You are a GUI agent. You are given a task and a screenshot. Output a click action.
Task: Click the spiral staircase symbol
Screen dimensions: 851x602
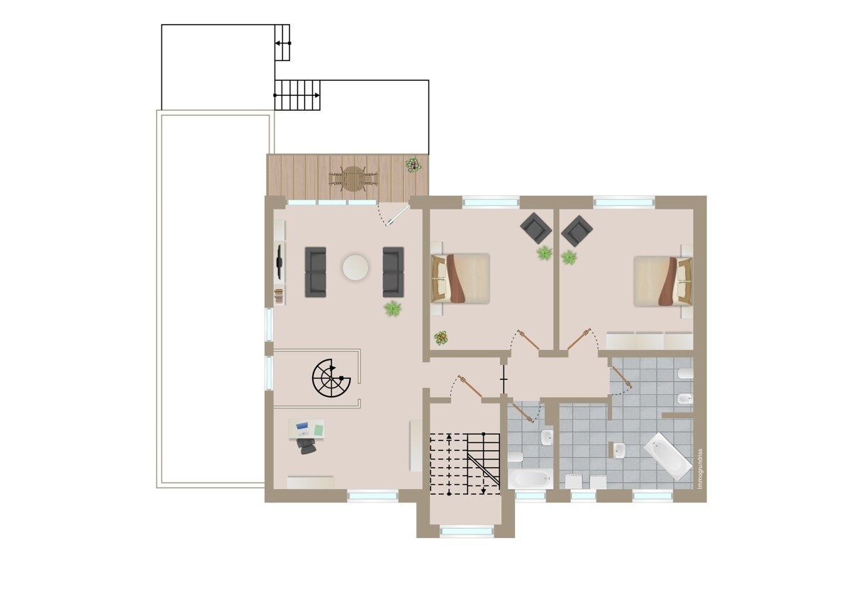coord(331,378)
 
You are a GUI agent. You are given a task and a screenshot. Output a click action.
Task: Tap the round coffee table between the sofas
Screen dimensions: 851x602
coord(355,268)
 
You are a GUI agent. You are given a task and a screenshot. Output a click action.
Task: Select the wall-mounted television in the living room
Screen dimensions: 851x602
coord(279,262)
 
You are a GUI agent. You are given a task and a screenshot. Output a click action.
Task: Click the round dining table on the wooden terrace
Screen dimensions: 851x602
coord(353,179)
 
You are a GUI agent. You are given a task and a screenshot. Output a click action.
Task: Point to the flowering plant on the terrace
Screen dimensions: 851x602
coord(413,165)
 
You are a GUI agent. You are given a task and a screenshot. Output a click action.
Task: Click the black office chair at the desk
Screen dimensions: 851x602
coord(306,446)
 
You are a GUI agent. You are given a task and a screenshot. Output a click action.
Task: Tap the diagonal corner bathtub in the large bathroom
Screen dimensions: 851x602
coord(667,456)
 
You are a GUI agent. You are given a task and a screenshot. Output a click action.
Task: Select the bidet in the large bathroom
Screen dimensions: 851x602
coord(685,398)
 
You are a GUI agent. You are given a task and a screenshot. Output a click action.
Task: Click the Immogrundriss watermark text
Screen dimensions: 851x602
coord(700,469)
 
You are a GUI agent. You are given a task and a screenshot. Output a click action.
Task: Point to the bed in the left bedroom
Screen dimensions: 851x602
coord(460,278)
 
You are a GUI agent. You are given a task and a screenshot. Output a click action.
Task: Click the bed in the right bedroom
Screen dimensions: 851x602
coord(663,281)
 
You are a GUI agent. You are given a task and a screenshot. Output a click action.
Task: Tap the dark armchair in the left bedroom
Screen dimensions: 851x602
coord(535,228)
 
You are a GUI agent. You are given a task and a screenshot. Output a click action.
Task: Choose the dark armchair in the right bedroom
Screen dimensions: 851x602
coord(577,231)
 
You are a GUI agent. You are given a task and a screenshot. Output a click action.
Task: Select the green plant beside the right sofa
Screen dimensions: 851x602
coord(393,308)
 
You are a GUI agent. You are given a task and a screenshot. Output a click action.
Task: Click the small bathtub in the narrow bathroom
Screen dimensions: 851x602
coord(530,478)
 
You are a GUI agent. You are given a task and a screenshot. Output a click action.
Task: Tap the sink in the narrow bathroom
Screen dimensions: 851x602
coord(547,437)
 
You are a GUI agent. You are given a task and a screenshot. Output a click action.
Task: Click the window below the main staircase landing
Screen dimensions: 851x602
coord(467,531)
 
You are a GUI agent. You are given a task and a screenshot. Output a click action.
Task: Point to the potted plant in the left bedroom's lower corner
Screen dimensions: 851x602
coord(440,338)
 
